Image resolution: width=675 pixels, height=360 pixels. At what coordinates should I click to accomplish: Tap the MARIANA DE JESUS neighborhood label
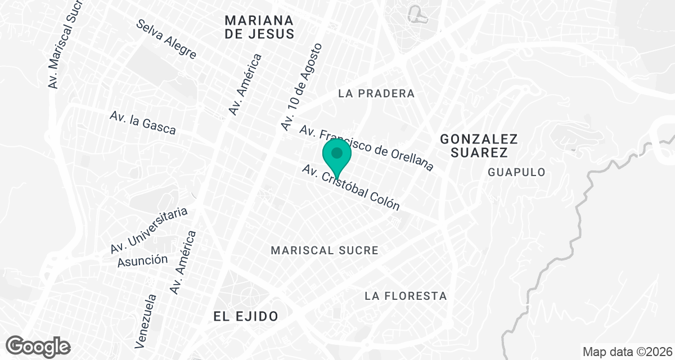click(259, 27)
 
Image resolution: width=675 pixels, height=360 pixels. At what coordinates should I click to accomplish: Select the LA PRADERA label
click(376, 93)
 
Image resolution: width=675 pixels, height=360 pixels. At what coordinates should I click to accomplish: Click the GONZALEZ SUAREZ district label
click(479, 145)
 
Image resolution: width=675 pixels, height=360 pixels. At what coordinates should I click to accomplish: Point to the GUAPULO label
click(516, 172)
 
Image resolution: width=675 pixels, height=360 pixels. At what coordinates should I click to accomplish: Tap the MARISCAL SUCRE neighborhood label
click(325, 250)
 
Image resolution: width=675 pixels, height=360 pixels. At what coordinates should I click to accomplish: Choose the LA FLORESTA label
click(405, 295)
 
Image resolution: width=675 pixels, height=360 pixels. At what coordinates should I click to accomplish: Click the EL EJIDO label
click(246, 316)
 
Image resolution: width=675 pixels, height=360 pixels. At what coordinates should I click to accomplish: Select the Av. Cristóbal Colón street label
click(350, 188)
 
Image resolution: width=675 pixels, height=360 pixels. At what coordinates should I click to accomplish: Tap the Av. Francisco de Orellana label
click(366, 148)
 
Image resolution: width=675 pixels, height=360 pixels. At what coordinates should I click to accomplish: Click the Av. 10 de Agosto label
click(302, 87)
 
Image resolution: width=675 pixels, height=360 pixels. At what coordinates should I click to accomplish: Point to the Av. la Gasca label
click(142, 123)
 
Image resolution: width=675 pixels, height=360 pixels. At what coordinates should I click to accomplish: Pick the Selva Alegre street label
click(166, 39)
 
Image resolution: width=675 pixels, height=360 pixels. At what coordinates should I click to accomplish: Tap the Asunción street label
click(142, 260)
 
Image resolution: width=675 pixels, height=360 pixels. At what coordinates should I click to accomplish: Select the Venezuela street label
click(144, 319)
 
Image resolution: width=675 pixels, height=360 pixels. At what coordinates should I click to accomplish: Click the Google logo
click(38, 346)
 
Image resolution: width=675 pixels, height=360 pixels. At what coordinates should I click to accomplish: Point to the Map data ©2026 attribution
click(626, 352)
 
